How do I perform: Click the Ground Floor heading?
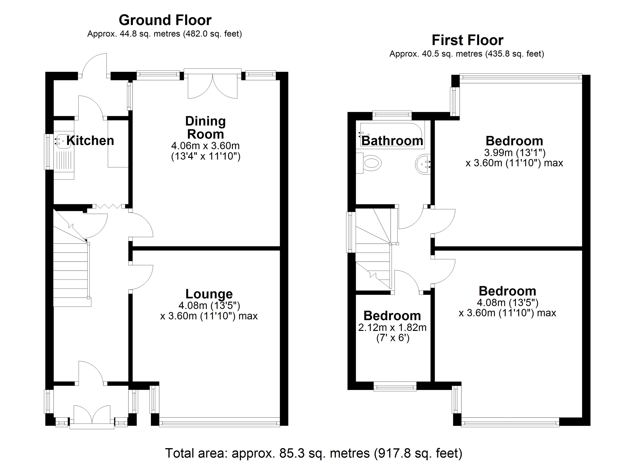[165, 20]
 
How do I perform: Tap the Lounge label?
[209, 294]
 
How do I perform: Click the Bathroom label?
[392, 141]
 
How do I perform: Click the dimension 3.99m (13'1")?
[515, 153]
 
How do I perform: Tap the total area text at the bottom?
[314, 453]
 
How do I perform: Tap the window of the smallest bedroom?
[395, 388]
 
